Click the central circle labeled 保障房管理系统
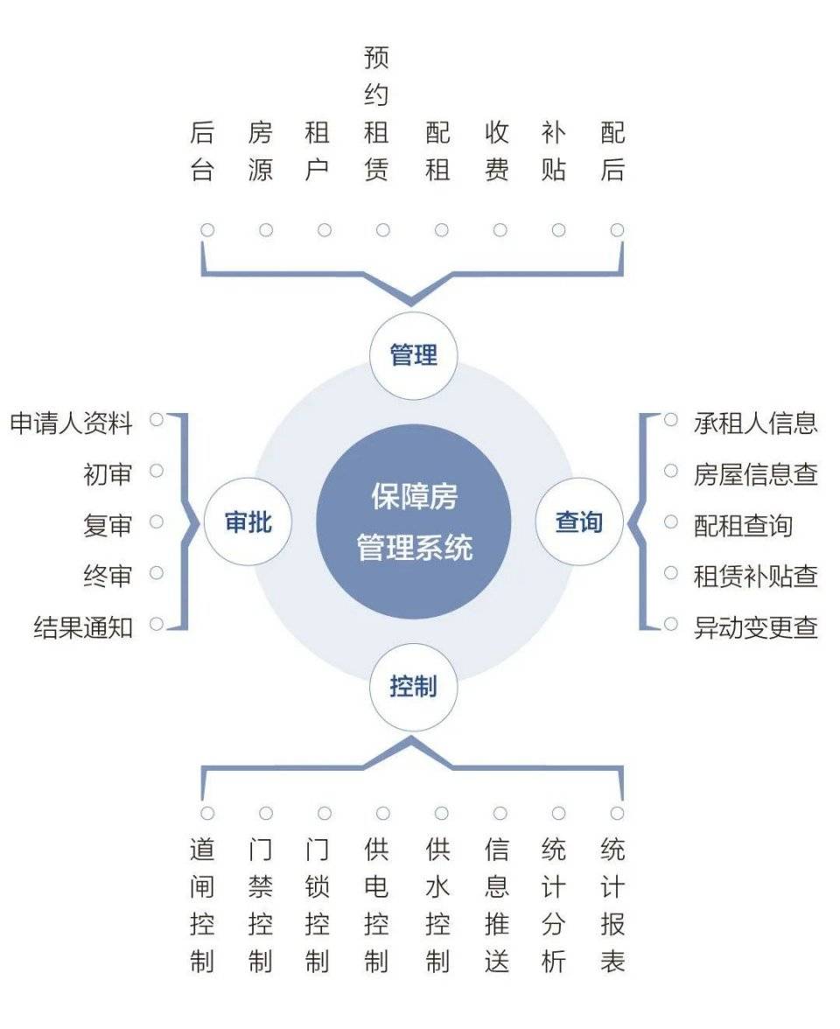[x=413, y=522]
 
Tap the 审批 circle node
[x=248, y=522]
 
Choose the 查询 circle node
[x=578, y=522]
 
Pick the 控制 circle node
[x=413, y=687]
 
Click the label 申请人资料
[x=72, y=423]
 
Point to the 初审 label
[x=108, y=474]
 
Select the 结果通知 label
[x=83, y=626]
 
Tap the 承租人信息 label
[x=755, y=423]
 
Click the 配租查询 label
[x=743, y=525]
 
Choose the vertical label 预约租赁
[x=376, y=114]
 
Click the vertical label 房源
[x=260, y=151]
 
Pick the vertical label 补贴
[x=554, y=151]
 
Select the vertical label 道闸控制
[x=202, y=906]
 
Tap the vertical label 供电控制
[x=376, y=906]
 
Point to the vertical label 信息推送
[x=496, y=906]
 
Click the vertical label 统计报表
[x=612, y=906]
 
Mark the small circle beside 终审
[x=157, y=573]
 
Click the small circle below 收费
[x=500, y=230]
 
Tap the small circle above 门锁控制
[x=325, y=814]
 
